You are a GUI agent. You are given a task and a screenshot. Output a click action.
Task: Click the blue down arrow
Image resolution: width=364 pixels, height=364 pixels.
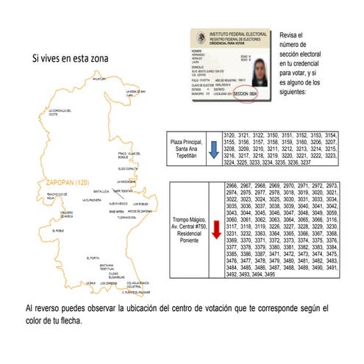tap(211, 150)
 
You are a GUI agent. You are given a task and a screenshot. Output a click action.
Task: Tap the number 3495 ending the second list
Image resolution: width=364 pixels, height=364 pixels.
tap(288, 274)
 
